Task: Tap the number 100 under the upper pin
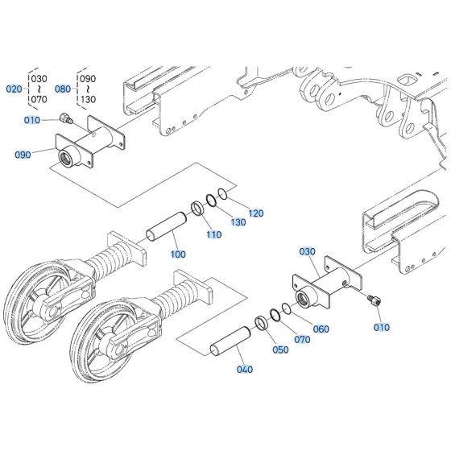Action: coord(178,254)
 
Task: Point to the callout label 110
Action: coord(213,234)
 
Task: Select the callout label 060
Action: coord(321,329)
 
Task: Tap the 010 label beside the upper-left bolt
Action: coord(31,120)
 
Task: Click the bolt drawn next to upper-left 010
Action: coord(67,120)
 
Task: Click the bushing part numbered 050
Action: coord(262,325)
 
